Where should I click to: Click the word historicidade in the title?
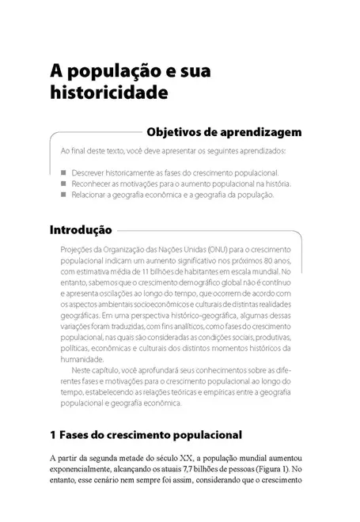(x=108, y=93)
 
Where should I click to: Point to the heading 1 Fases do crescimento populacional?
(x=145, y=435)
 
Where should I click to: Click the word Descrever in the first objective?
(x=89, y=172)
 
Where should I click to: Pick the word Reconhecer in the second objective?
(x=92, y=183)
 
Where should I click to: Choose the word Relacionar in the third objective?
(x=90, y=195)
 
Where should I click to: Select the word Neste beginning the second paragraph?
(x=86, y=370)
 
